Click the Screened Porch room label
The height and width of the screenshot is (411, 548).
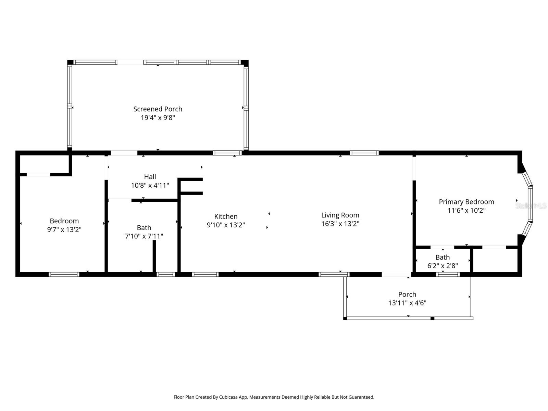click(158, 109)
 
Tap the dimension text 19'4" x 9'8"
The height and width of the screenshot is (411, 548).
click(158, 118)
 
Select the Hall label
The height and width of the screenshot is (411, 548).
click(150, 177)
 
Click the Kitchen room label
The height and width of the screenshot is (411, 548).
click(226, 216)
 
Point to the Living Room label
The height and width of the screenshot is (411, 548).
click(340, 215)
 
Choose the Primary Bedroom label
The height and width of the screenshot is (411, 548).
click(466, 202)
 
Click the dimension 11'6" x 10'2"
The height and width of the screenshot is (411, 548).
click(466, 210)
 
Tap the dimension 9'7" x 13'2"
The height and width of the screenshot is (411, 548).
click(64, 229)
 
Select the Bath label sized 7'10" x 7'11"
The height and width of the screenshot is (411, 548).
click(144, 228)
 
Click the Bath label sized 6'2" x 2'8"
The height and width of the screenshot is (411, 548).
click(443, 257)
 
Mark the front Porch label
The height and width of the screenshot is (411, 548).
click(407, 294)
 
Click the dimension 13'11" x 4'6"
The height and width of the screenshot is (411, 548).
click(407, 303)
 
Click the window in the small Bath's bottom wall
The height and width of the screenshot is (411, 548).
click(448, 274)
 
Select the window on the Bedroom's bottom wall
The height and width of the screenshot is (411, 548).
click(64, 274)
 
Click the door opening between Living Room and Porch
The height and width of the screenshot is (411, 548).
click(396, 274)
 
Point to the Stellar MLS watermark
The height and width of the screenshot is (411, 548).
click(531, 206)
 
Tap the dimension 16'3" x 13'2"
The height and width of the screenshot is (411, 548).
click(340, 224)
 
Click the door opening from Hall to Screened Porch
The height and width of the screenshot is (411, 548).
click(124, 153)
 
